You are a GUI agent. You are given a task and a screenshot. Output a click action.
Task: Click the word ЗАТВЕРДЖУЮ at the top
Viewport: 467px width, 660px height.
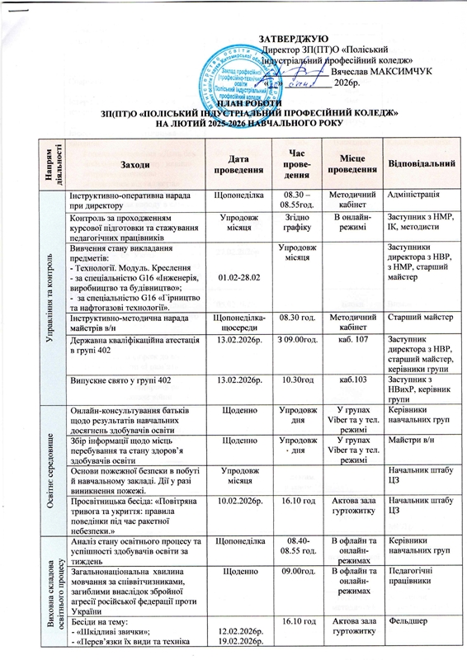point(294,39)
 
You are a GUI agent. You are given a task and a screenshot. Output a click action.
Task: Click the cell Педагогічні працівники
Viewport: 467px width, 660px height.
point(416,574)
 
